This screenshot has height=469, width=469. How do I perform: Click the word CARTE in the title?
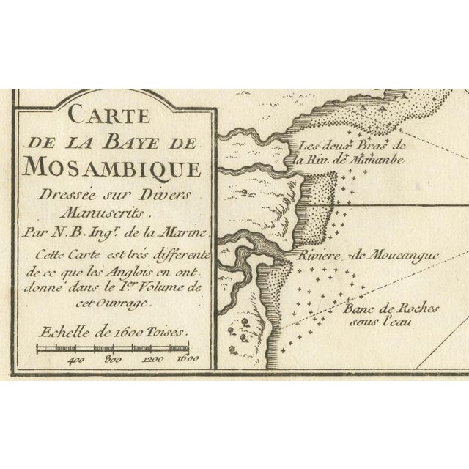pos(107,116)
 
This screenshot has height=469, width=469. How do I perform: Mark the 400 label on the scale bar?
pos(75,360)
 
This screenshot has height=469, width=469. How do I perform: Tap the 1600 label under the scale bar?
pos(188,360)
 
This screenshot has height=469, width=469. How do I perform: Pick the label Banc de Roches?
pos(378,309)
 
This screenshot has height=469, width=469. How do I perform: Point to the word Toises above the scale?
pos(170,330)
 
